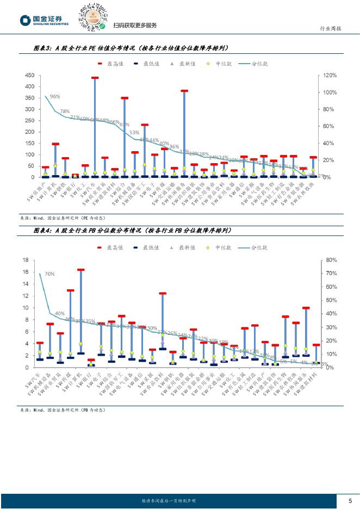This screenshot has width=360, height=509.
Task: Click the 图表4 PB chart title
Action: click(132, 231)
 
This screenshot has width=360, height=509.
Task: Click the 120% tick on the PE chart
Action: click(329, 75)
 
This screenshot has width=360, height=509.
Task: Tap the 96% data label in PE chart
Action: click(55, 97)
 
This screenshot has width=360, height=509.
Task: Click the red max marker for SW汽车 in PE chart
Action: click(95, 78)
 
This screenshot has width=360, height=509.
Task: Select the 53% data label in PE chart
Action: click(134, 132)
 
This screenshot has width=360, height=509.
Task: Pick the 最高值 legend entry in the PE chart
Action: click(112, 63)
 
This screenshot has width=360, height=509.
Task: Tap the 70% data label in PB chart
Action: click(49, 274)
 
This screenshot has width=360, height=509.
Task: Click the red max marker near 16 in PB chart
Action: click(80, 269)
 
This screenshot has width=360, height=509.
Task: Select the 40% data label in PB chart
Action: click(60, 314)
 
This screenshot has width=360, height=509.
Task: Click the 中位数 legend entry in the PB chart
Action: click(220, 247)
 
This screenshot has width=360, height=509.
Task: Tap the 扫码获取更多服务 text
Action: click(135, 26)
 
